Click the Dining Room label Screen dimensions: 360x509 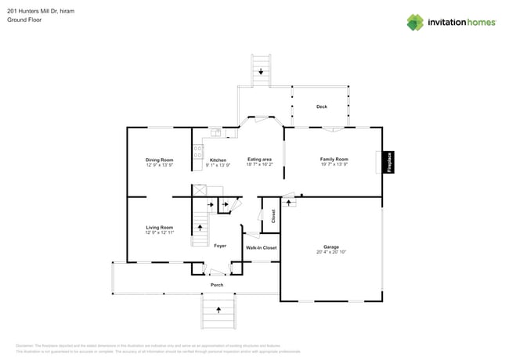click(159, 160)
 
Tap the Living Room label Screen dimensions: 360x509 click(159, 227)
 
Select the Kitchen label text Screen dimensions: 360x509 click(217, 160)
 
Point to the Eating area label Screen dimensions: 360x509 click(259, 160)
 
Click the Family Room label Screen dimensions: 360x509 click(333, 159)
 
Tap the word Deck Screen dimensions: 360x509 click(321, 106)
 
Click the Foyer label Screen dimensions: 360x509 click(220, 246)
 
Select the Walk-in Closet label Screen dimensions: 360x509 click(261, 247)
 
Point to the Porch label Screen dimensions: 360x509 click(217, 285)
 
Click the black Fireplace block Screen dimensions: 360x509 click(388, 162)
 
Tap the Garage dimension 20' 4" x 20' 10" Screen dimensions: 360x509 click(331, 252)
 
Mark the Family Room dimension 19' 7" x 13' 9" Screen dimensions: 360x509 click(333, 164)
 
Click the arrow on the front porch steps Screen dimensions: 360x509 click(218, 311)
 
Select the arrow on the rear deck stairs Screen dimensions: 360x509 click(261, 71)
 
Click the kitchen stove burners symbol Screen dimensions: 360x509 click(198, 151)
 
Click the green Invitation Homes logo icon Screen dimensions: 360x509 click(415, 22)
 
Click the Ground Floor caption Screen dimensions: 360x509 click(24, 20)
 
